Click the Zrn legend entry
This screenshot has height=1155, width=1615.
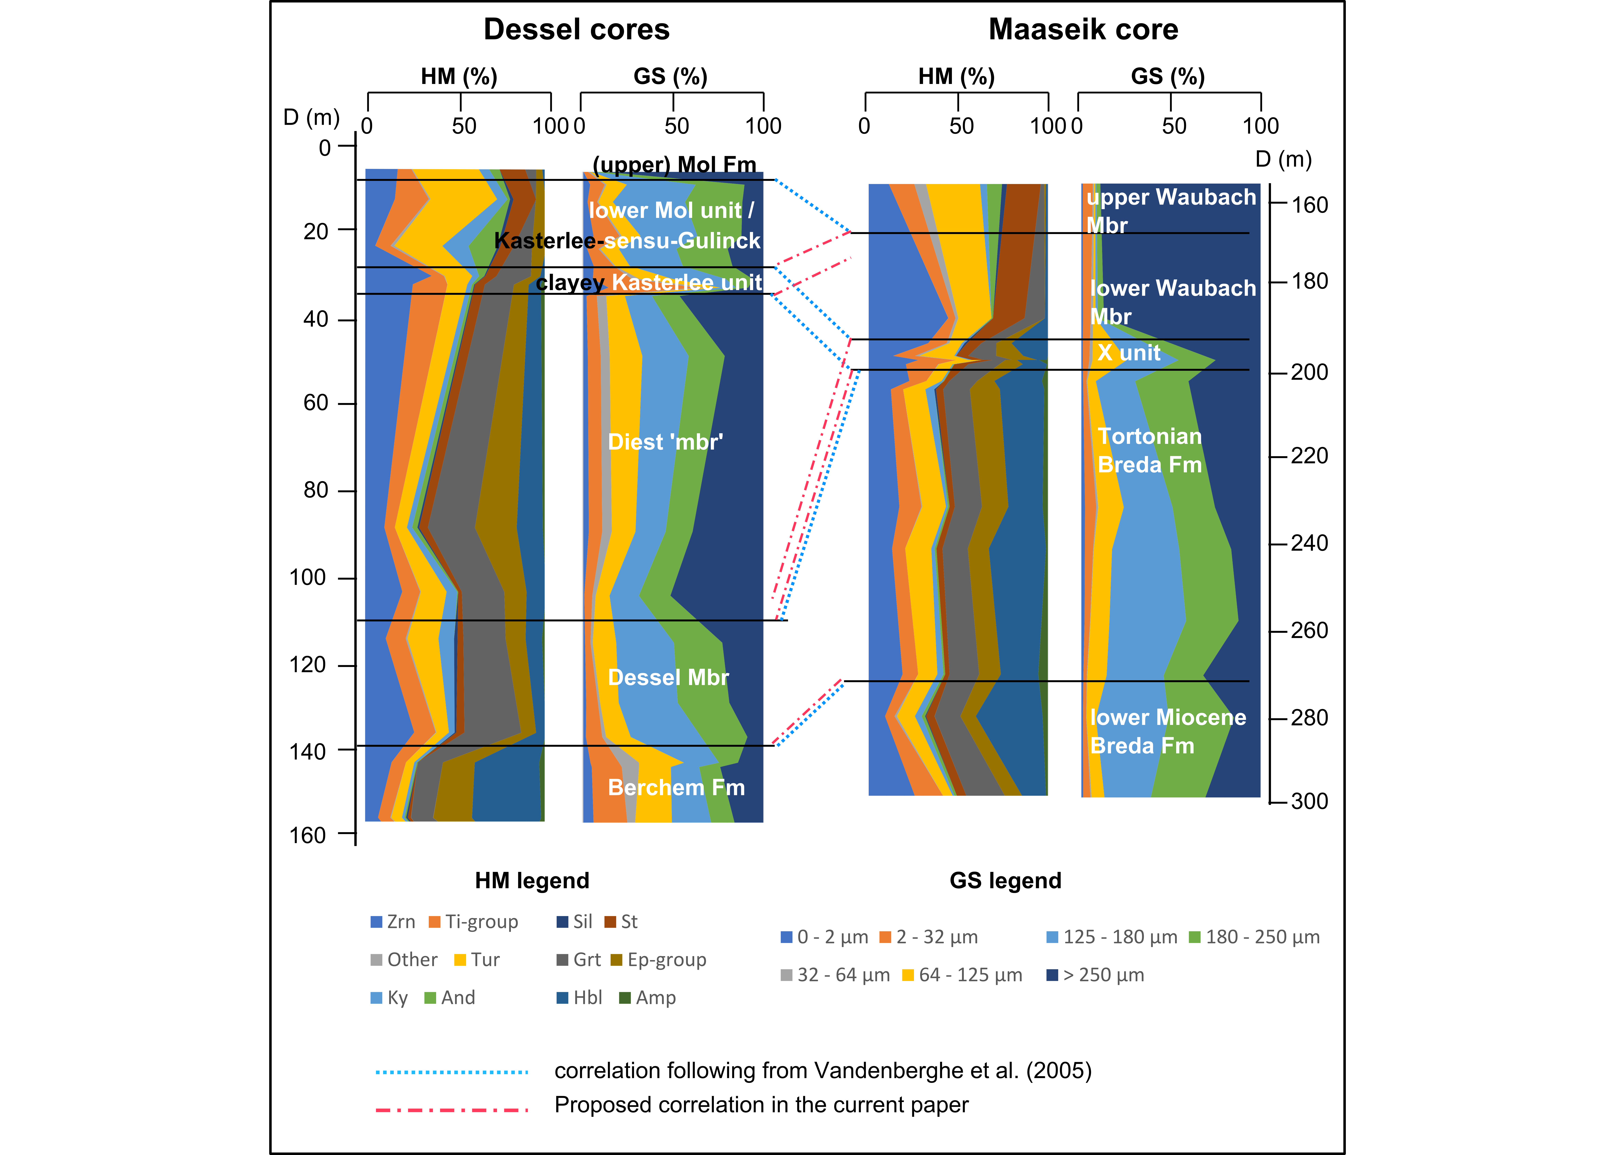[393, 922]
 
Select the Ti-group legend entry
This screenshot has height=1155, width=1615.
[474, 922]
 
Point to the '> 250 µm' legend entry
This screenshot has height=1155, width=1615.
[1095, 975]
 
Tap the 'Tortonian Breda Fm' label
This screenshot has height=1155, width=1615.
[1150, 450]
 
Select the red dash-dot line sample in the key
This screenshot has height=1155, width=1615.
[452, 1110]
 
